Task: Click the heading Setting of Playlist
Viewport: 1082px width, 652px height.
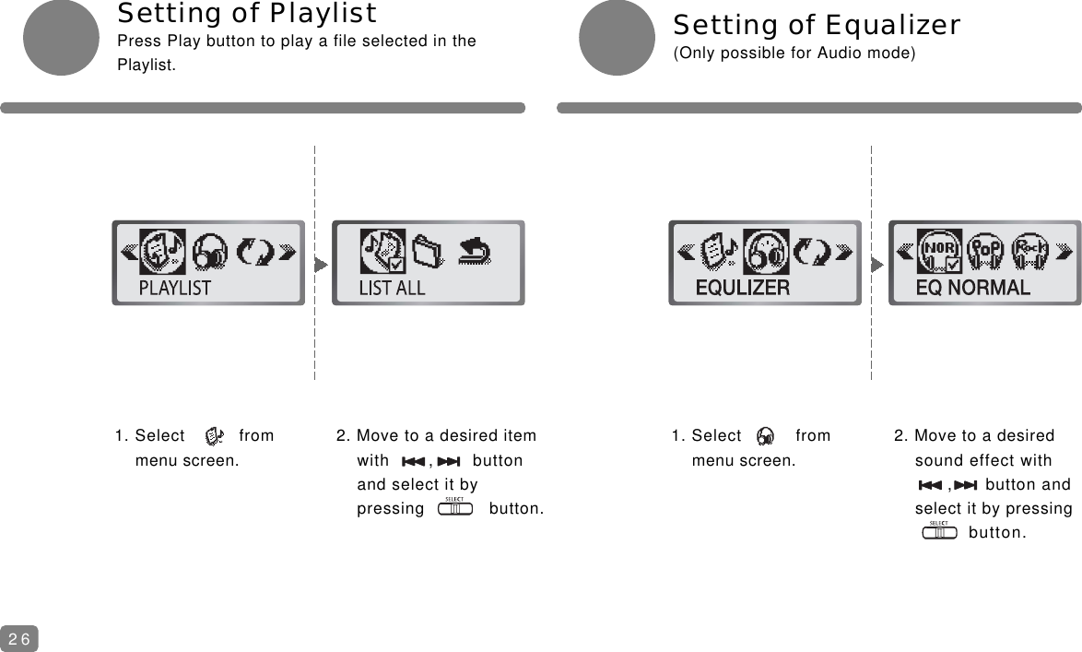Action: (x=246, y=14)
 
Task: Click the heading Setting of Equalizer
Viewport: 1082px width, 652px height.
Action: (x=817, y=25)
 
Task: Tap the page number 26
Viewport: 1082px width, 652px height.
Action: (x=19, y=638)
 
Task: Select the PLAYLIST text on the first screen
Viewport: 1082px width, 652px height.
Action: (x=174, y=288)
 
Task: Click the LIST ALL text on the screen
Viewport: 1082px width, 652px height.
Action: (x=392, y=288)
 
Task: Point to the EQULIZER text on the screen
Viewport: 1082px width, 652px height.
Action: (x=742, y=288)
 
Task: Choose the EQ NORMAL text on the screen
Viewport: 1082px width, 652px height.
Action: (x=972, y=288)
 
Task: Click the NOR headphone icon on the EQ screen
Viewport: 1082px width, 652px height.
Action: (x=940, y=252)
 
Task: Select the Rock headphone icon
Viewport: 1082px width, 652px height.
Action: (x=1031, y=252)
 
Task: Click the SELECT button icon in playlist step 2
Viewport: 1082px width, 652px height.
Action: (x=455, y=507)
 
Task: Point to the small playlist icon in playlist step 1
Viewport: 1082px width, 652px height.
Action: (x=214, y=436)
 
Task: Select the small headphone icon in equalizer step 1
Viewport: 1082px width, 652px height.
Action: (x=766, y=436)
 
